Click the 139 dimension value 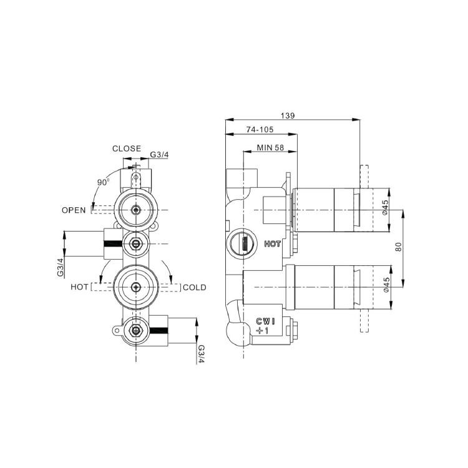[288, 115]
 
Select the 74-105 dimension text [260, 130]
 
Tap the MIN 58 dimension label [270, 147]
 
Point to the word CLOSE [127, 149]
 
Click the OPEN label [74, 210]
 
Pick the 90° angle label [103, 182]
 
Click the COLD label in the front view [195, 288]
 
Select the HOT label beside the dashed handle [79, 287]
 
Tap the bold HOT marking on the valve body [273, 244]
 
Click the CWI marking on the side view [265, 321]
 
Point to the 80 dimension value [399, 247]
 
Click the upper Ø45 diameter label [385, 207]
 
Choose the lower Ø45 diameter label [386, 285]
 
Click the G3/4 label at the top [159, 155]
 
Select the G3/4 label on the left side [61, 268]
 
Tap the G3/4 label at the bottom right [201, 354]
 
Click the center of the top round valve [136, 210]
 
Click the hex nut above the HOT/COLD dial [136, 244]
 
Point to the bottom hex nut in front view [136, 330]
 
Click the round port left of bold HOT [241, 242]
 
